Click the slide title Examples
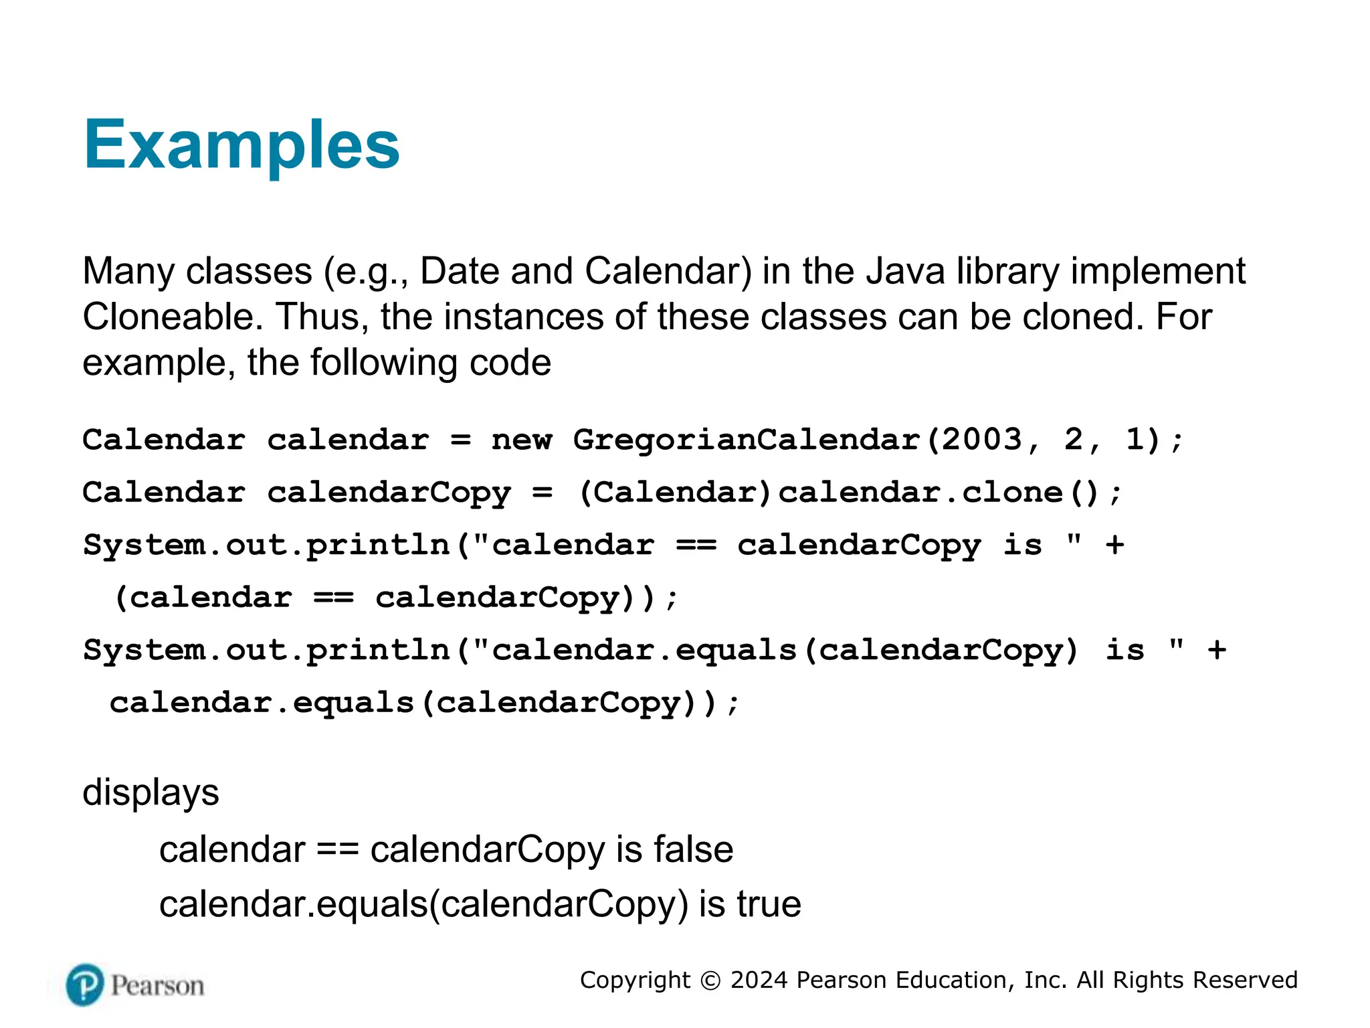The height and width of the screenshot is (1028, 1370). [241, 145]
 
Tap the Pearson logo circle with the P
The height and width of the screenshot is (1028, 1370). [85, 984]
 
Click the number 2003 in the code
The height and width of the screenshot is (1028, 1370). [982, 440]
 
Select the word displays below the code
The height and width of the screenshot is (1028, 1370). [151, 793]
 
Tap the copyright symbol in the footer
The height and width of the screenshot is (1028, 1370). [710, 980]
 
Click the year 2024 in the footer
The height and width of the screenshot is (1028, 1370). [759, 980]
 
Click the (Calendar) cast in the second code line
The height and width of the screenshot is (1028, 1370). [676, 493]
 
